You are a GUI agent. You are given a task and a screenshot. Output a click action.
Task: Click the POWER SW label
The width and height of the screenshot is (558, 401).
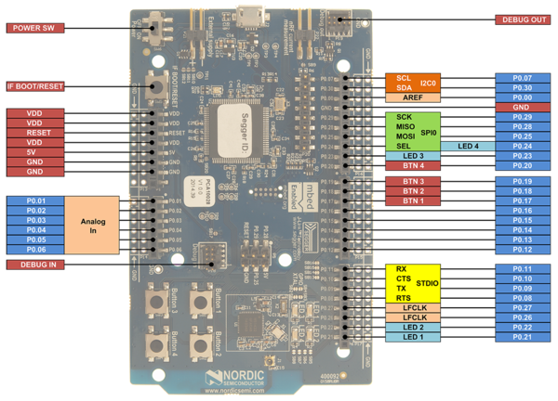[35, 28]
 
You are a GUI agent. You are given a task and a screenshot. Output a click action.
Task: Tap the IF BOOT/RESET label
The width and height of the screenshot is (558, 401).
[35, 86]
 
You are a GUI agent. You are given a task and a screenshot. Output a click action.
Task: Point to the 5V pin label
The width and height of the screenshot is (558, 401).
[35, 151]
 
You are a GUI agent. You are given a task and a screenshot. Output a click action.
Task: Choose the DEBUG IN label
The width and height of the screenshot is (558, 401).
[35, 265]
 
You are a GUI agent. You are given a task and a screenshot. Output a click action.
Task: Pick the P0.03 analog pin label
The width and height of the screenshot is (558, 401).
[35, 221]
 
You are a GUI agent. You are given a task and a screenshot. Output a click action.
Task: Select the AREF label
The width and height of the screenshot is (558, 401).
[413, 97]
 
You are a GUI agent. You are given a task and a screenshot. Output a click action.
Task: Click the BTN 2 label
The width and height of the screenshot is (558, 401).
[413, 191]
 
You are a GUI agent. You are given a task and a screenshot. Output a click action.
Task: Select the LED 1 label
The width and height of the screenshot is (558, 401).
[413, 336]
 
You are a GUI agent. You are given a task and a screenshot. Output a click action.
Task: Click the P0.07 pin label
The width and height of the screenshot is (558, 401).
[526, 78]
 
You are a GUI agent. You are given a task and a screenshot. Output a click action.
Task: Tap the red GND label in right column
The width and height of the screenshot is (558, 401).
[526, 108]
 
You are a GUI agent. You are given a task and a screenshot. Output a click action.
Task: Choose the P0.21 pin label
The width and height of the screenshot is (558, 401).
[526, 336]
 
